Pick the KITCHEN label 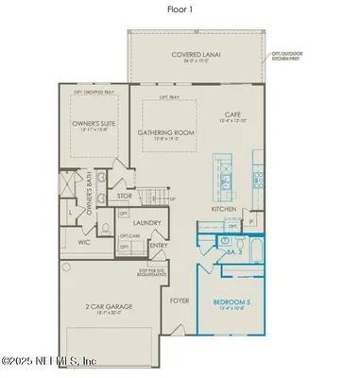pyautogui.click(x=222, y=208)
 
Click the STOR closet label pyautogui.click(x=123, y=198)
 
